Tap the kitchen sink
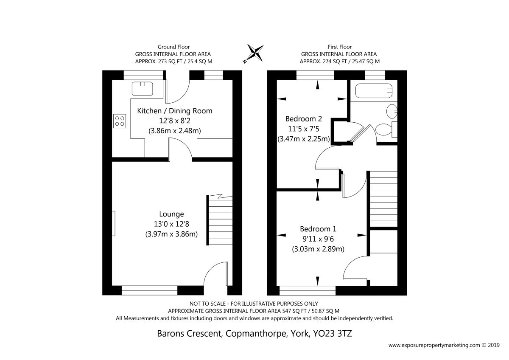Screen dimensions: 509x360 click(x=142, y=89)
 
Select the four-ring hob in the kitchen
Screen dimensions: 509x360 click(x=120, y=121)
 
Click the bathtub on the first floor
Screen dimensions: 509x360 click(x=374, y=91)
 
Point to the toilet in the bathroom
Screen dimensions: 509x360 click(x=386, y=129)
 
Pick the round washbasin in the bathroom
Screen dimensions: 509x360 click(x=392, y=111)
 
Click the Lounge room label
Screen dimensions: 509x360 click(x=171, y=214)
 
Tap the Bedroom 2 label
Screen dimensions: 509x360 click(x=304, y=119)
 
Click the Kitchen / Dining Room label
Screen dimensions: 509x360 click(x=174, y=111)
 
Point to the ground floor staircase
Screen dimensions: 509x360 click(x=220, y=220)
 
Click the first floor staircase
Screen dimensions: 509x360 click(x=382, y=199)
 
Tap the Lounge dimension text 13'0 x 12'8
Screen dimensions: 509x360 click(x=171, y=224)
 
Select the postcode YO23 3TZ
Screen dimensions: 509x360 click(x=333, y=333)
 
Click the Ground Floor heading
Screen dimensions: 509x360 click(x=173, y=47)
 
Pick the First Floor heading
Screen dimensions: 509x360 click(x=339, y=47)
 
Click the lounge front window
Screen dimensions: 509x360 click(x=149, y=290)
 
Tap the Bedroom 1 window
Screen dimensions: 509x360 click(x=308, y=290)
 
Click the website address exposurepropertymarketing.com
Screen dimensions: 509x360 click(x=434, y=345)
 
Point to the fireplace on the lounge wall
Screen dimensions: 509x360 click(x=114, y=223)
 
